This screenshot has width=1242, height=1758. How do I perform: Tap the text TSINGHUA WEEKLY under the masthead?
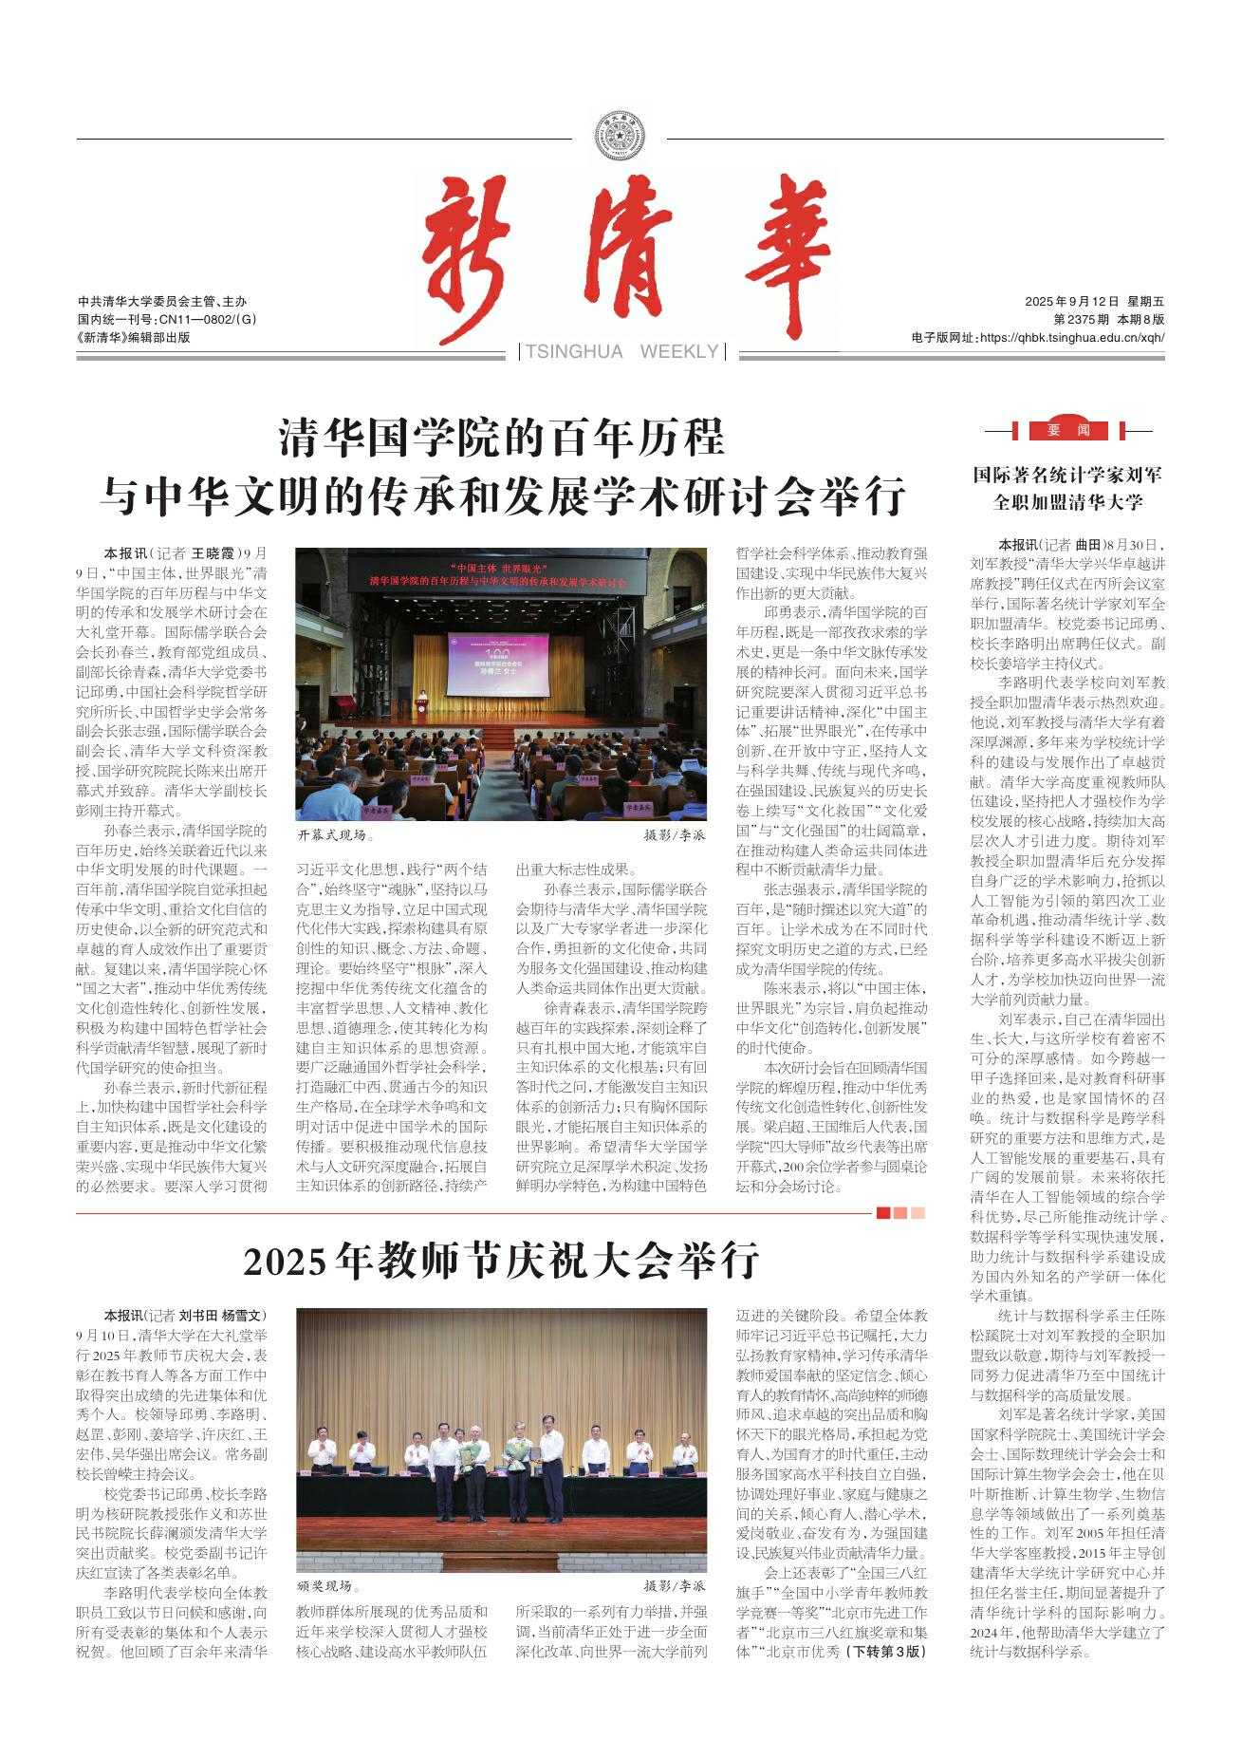(621, 352)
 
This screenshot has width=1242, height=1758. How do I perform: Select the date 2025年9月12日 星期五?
(1094, 302)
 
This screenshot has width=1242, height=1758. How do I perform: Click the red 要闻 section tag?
(1068, 430)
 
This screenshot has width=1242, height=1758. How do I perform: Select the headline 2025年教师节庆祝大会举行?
(502, 1262)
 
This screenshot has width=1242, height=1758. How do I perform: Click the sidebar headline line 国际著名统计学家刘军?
(1067, 475)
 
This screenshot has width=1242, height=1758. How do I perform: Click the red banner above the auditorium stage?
(500, 573)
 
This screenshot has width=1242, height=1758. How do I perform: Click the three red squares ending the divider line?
(900, 1212)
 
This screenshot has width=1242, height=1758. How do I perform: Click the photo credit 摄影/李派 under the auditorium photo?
(675, 836)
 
